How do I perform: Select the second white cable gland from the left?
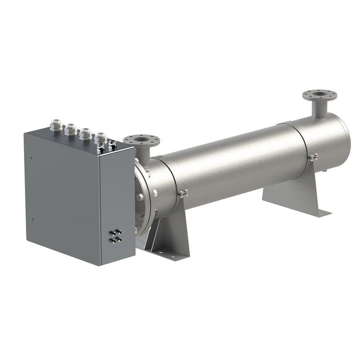[70, 129]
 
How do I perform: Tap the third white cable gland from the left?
[85, 133]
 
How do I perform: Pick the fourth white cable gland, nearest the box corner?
[100, 137]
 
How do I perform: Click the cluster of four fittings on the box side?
[115, 236]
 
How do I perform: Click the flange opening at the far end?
[320, 94]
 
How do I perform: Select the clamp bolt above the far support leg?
[313, 157]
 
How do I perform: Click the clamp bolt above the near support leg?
[183, 194]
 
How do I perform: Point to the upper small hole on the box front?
[30, 158]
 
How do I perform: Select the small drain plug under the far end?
[325, 171]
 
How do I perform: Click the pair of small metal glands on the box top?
[107, 145]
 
